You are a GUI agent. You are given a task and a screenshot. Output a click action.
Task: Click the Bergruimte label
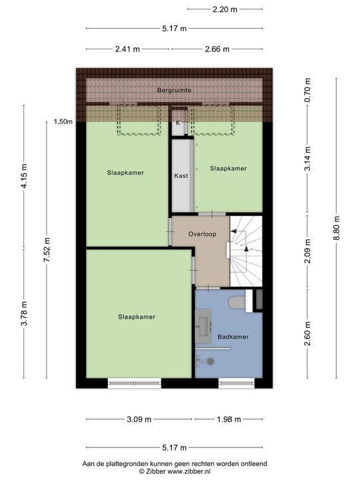[x=174, y=90]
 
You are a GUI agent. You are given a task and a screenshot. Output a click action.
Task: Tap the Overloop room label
[x=202, y=234]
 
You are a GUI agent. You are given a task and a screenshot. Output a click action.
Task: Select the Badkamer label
[x=233, y=337]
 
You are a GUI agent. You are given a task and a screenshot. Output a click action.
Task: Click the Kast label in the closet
[x=181, y=176]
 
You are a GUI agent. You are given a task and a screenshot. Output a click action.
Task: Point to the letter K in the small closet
[x=178, y=123]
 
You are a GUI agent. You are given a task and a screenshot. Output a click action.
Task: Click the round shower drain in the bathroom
[x=211, y=361]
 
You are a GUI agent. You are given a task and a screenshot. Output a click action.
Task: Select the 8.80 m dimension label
[x=337, y=228]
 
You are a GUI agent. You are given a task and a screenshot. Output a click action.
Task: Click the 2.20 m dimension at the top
[x=225, y=9]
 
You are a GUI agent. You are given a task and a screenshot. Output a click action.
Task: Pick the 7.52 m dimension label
[x=47, y=250]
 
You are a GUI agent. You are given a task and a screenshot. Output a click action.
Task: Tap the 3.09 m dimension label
[x=139, y=419]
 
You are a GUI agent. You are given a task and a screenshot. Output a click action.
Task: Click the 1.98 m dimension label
[x=229, y=419]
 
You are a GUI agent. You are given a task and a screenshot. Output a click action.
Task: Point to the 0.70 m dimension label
[x=307, y=90]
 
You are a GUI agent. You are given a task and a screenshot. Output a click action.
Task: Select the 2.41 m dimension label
[x=127, y=49]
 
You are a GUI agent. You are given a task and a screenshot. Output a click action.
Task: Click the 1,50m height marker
[x=63, y=122]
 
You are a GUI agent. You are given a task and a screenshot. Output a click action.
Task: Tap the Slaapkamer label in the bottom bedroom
[x=137, y=317]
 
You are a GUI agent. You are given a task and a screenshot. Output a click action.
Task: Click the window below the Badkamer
[x=236, y=383]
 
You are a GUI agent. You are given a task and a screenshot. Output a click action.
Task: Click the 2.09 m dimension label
[x=307, y=251]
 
